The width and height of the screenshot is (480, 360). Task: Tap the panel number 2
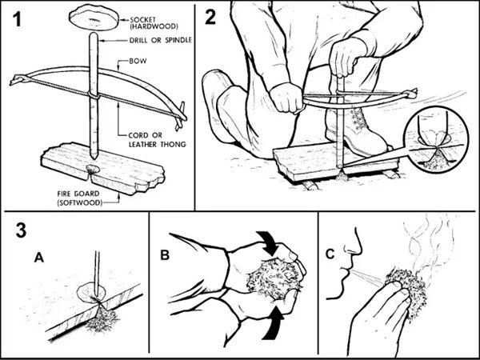pos(210,17)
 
